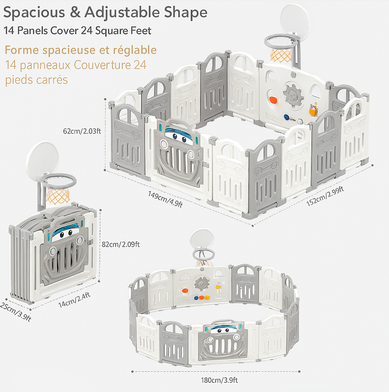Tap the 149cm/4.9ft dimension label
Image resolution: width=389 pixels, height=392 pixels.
click(x=165, y=199)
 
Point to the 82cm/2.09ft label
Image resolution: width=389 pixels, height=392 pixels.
click(x=121, y=244)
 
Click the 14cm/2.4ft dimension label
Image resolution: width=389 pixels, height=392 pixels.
click(x=75, y=300)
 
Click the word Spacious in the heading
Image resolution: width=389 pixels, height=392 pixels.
click(x=34, y=13)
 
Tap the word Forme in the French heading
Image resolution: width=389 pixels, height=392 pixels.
click(x=22, y=50)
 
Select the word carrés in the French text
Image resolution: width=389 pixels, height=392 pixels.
click(x=51, y=79)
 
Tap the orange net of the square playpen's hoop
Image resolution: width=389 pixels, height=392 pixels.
click(x=281, y=55)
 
